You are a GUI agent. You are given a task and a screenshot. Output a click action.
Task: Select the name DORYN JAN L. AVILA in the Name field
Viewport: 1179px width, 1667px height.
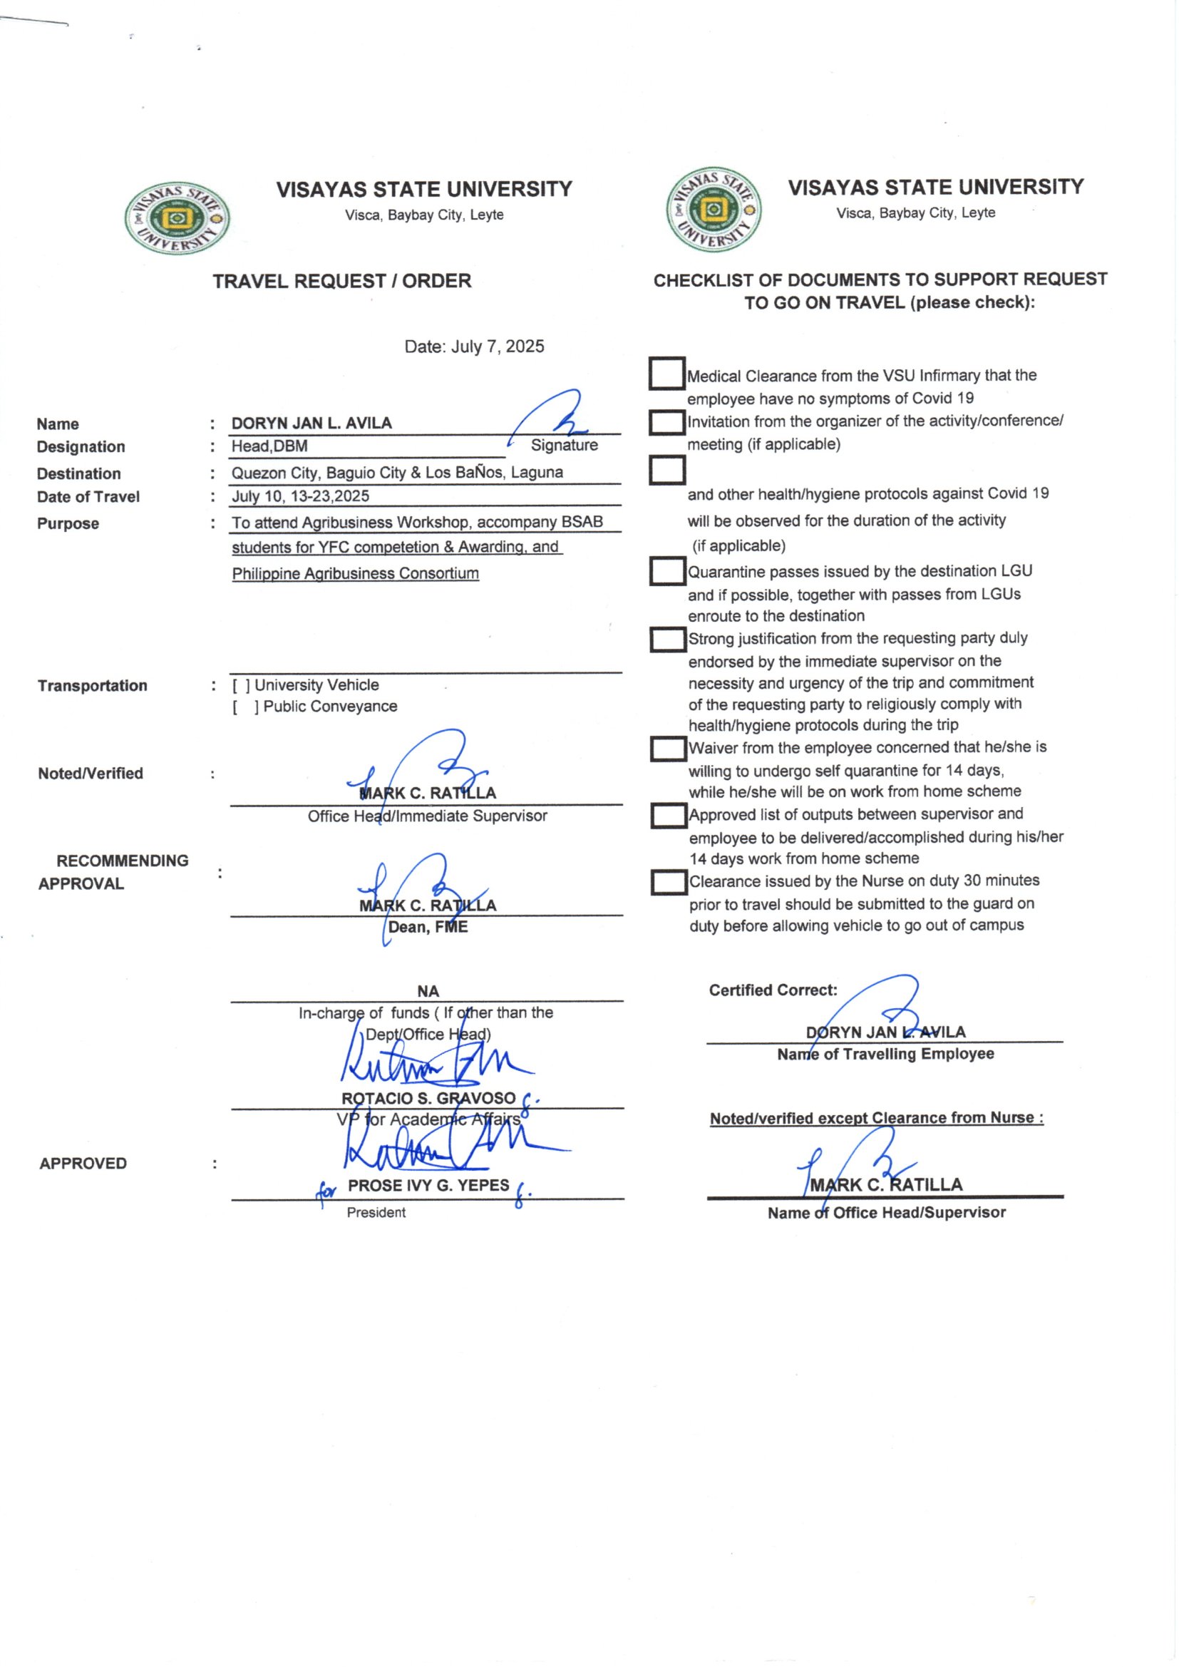[312, 424]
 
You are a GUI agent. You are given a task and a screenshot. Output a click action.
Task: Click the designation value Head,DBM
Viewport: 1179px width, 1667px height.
[269, 446]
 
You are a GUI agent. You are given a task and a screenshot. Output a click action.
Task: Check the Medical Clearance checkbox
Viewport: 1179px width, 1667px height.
[666, 373]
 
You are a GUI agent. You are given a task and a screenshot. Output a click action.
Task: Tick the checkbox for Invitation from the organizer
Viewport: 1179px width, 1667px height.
[666, 423]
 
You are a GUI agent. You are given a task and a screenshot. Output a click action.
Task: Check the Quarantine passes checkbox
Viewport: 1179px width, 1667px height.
[667, 571]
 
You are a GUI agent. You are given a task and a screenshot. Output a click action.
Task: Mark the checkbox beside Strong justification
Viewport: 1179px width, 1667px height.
[667, 640]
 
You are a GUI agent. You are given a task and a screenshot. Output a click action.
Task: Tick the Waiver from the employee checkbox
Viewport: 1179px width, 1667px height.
[668, 749]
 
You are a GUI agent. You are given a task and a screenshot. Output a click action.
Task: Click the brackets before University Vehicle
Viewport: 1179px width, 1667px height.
[241, 685]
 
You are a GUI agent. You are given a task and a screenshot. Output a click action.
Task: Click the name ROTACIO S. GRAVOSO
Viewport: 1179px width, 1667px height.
[428, 1098]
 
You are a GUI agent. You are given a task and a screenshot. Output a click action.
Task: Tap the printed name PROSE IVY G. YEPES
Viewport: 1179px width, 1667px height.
[428, 1185]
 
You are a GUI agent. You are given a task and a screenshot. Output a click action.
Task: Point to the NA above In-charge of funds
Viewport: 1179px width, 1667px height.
[428, 991]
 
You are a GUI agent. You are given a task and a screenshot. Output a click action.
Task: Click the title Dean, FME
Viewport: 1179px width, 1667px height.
[428, 927]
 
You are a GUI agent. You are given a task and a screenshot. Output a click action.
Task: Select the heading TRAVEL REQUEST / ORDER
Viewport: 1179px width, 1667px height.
[342, 281]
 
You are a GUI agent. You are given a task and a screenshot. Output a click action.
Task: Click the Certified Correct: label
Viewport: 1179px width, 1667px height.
[773, 990]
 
